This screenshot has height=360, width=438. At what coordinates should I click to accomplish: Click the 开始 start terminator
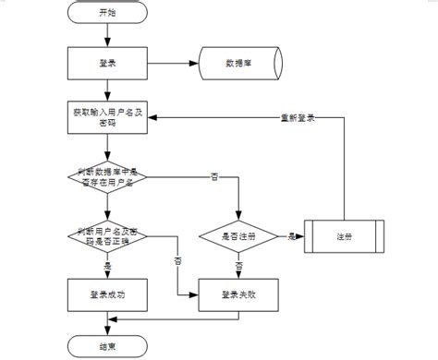point(107,14)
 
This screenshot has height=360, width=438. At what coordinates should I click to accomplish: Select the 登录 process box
point(107,64)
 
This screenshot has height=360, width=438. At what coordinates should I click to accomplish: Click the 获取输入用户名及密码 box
point(107,117)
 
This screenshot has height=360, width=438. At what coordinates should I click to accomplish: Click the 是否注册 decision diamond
point(239,235)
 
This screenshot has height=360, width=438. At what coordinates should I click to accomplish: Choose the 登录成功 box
point(107,294)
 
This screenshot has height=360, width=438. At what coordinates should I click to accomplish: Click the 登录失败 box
point(239,294)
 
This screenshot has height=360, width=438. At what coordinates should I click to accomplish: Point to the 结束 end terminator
point(107,346)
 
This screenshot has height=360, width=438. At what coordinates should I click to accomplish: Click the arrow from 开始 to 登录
point(107,35)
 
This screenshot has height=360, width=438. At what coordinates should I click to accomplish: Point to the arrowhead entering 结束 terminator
point(107,331)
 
